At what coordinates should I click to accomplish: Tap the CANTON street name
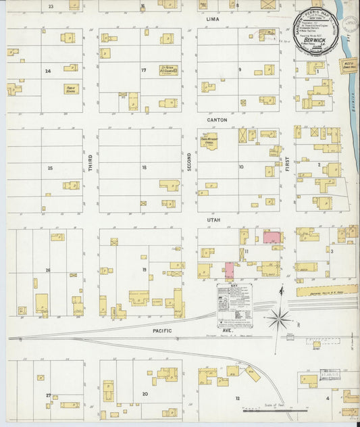217,120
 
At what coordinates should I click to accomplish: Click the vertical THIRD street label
90,162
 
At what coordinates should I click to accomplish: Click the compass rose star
278,318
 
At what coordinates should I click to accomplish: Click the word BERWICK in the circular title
315,40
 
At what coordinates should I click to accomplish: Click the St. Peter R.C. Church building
169,70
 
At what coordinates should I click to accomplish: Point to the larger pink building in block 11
273,237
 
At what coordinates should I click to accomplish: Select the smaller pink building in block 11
229,271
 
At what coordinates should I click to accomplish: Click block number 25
49,168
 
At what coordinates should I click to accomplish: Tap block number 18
144,167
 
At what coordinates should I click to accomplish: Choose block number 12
237,398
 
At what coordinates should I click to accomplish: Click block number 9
239,70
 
